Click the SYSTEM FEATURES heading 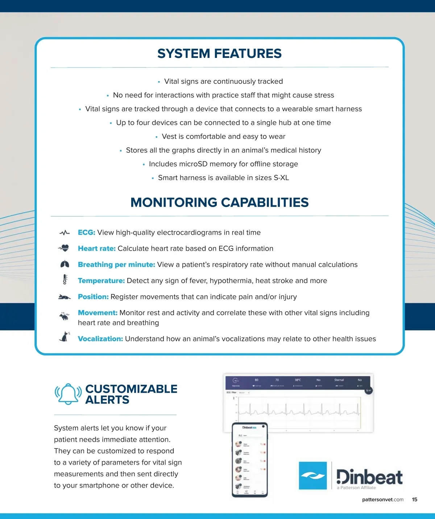(x=219, y=54)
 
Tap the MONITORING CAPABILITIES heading (x=219, y=202)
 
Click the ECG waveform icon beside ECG (x=65, y=233)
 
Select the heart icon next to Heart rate (x=64, y=248)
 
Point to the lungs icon (x=65, y=264)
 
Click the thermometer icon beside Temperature (x=65, y=280)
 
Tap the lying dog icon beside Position (x=65, y=297)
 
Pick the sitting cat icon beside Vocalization (x=65, y=337)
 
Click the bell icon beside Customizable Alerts (x=68, y=394)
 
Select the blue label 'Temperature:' (x=101, y=281)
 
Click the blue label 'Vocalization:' (x=100, y=339)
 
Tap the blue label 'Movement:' (x=98, y=313)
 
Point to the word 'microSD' (x=193, y=164)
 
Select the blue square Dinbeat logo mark (x=312, y=475)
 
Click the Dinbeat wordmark (x=369, y=477)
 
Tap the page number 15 (x=415, y=499)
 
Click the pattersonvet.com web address (x=382, y=499)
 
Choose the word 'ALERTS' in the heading (x=107, y=400)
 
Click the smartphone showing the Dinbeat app (x=249, y=460)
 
